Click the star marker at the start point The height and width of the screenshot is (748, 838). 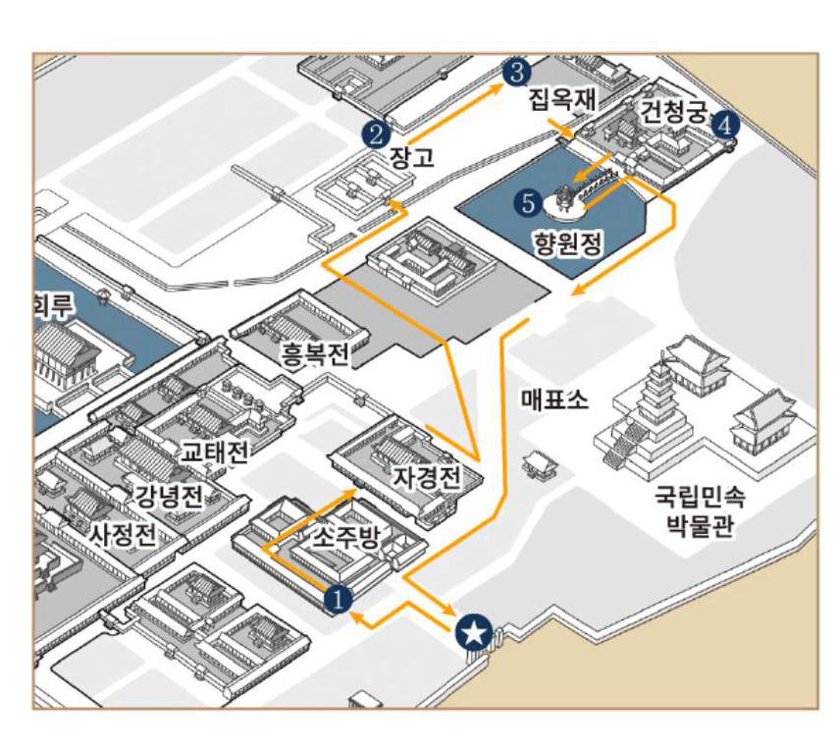click(475, 633)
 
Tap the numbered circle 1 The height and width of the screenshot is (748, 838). click(337, 597)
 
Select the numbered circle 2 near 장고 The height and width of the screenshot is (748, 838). click(372, 131)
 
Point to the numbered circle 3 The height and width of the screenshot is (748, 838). click(516, 71)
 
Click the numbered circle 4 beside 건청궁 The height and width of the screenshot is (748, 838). click(724, 124)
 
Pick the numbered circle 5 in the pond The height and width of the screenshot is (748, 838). click(529, 203)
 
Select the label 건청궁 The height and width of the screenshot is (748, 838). click(672, 110)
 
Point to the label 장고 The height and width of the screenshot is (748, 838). click(411, 157)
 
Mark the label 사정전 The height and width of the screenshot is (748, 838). click(123, 535)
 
